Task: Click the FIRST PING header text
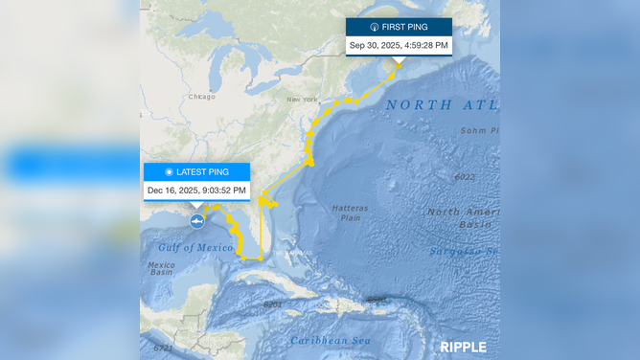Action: point(404,27)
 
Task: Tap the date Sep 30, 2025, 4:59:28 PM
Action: point(399,45)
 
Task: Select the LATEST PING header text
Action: point(202,172)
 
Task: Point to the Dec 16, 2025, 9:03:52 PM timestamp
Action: point(196,191)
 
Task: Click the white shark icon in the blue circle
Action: point(196,222)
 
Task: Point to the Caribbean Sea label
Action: point(331,340)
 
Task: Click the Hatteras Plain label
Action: point(349,213)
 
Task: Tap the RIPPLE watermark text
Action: point(463,347)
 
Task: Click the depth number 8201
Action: point(273,304)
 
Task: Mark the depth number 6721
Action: point(163,348)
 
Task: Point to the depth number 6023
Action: point(464,177)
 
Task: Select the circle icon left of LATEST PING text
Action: point(169,172)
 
